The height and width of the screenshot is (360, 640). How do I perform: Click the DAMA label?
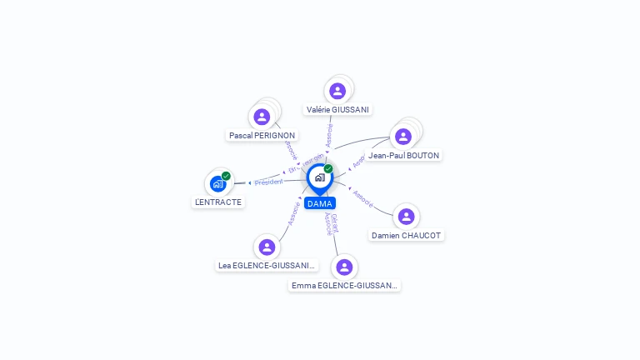click(x=320, y=203)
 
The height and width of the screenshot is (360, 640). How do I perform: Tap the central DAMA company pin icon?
click(x=319, y=177)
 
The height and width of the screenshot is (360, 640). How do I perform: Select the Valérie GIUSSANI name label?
click(x=337, y=109)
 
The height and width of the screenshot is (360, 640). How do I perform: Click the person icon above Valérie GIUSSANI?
click(x=337, y=91)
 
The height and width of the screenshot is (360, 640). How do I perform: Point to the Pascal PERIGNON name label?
click(x=262, y=135)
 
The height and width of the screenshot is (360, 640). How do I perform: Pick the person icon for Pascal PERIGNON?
click(x=262, y=117)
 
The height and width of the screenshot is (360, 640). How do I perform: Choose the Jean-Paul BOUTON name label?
click(x=404, y=155)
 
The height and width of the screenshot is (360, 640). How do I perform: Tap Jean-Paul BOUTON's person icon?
click(x=403, y=137)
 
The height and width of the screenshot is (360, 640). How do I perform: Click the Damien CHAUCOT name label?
click(x=407, y=236)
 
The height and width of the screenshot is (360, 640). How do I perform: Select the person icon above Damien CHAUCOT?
click(x=407, y=217)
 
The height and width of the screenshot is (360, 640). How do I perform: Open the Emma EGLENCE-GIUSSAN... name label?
click(x=344, y=286)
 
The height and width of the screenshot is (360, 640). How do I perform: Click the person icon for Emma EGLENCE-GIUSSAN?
click(x=344, y=267)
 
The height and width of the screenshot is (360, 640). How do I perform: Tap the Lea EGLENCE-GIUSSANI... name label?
click(x=267, y=266)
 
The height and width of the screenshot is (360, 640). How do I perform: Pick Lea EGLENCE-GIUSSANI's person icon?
click(x=267, y=247)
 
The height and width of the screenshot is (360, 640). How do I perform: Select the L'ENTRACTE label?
click(x=218, y=202)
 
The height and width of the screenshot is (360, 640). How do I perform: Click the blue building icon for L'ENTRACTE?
click(x=217, y=184)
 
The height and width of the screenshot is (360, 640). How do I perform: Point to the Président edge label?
click(x=269, y=182)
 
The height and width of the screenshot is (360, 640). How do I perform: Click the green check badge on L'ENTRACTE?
click(x=226, y=176)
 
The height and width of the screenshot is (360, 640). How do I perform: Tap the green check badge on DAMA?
click(x=328, y=169)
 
